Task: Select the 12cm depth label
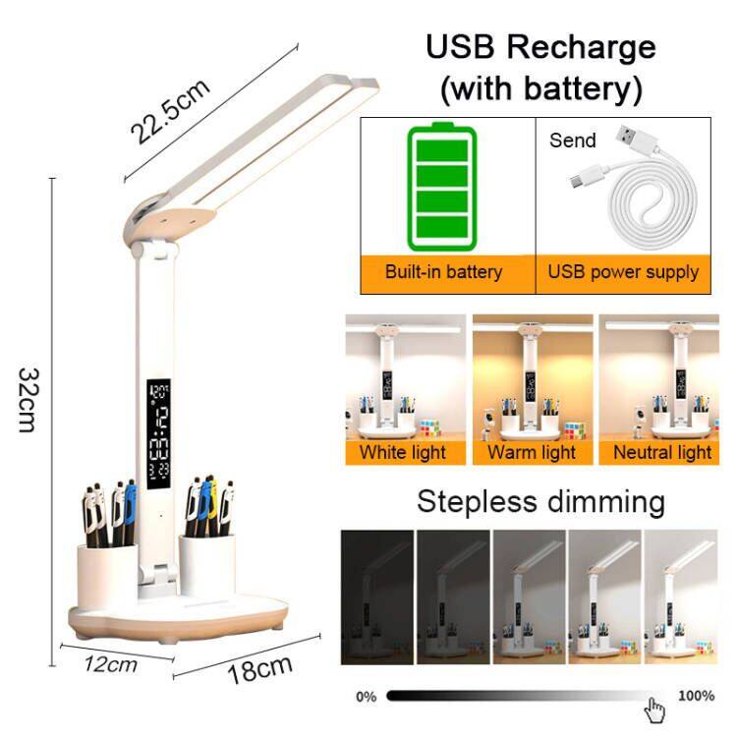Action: pos(110,664)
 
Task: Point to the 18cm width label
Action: pos(259,670)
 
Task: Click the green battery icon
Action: pos(441,187)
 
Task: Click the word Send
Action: pos(572,141)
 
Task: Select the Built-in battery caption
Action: pos(443,272)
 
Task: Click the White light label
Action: pos(402,452)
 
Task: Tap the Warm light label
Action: pos(532,452)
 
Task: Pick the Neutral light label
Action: pos(661,452)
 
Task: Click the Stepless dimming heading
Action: pos(540,501)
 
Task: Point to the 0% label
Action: pos(366,697)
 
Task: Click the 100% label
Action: pos(696,696)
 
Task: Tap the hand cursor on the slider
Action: pos(655,708)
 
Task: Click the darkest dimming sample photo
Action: pos(376,596)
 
